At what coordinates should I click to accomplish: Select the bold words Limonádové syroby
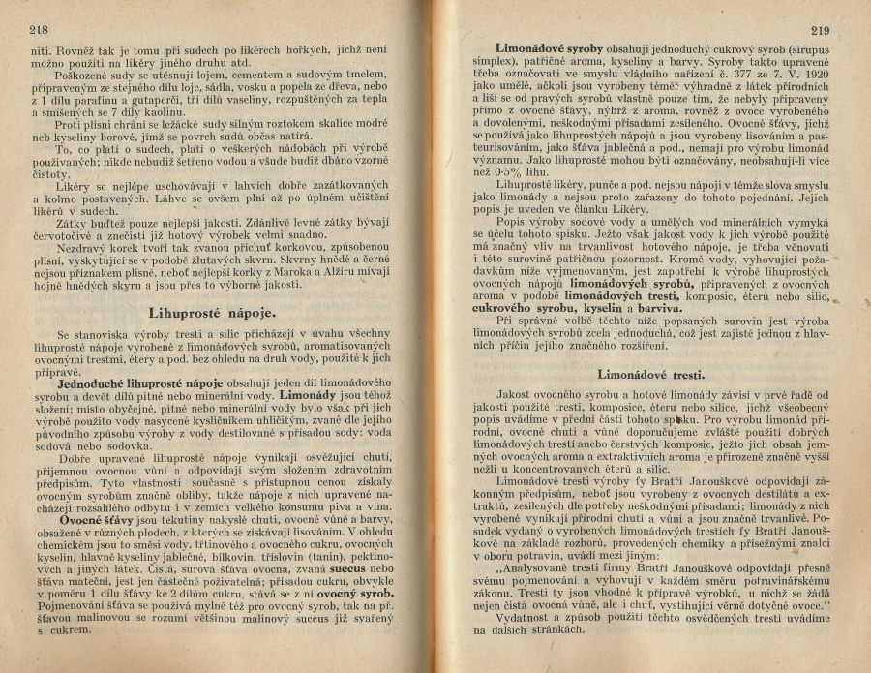(549, 48)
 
